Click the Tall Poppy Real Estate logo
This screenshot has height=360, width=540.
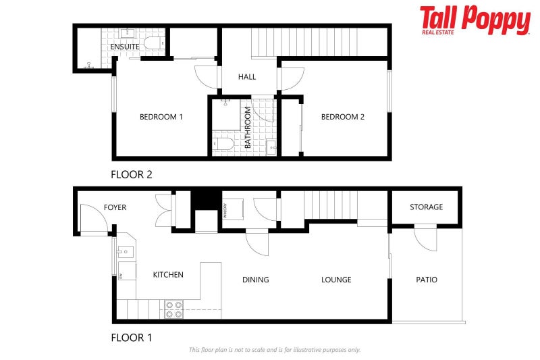475,20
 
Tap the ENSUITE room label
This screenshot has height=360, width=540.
125,47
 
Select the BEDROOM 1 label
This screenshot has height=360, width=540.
161,117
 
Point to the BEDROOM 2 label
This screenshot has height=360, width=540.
342,117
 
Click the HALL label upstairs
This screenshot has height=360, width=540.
247,77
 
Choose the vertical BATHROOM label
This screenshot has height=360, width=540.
248,128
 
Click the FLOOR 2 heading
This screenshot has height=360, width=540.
132,174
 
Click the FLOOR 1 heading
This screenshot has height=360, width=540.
131,337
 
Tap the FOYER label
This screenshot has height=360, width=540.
115,207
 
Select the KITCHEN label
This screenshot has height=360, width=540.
168,275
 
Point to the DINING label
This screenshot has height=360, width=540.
255,280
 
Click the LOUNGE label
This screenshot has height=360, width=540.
336,280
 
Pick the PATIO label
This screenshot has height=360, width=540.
427,280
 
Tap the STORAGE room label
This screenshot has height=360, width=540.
427,207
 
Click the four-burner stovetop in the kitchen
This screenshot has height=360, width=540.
173,309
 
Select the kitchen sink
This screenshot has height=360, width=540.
124,253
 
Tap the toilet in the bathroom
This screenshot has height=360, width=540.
223,143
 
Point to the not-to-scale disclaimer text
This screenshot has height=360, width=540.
275,350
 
